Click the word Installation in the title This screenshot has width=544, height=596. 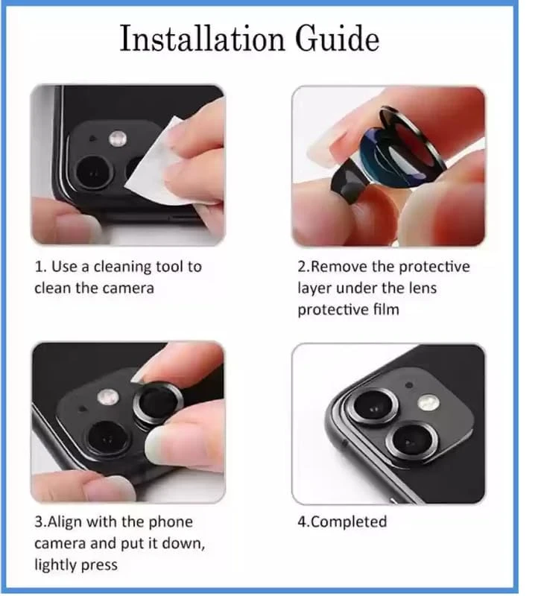(x=202, y=38)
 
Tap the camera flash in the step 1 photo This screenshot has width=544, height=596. (x=118, y=139)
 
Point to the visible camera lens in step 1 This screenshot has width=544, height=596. (x=94, y=172)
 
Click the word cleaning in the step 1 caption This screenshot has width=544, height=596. (x=119, y=267)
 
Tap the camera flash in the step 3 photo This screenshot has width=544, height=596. (x=108, y=398)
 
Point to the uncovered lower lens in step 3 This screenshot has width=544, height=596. (x=107, y=438)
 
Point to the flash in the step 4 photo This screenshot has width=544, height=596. (x=428, y=402)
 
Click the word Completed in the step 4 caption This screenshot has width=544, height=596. (x=349, y=522)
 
